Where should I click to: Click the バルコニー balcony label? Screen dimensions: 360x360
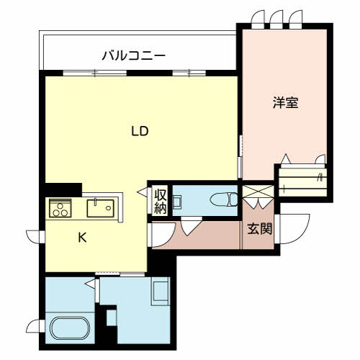point(134,55)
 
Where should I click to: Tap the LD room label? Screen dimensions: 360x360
point(140,131)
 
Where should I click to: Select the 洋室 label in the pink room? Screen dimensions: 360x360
point(285,102)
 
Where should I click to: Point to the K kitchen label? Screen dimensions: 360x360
point(82,238)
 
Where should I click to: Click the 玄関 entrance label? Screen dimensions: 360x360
point(260,228)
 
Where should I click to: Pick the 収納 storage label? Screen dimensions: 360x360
point(161,202)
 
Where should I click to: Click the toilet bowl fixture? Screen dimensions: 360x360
point(224,199)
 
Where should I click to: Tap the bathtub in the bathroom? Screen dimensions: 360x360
point(70,328)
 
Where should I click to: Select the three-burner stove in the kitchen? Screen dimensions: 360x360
point(60,208)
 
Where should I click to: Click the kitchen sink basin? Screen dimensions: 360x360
point(100,208)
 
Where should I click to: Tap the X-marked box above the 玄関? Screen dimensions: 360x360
point(258,192)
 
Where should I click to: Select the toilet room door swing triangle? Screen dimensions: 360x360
point(192,226)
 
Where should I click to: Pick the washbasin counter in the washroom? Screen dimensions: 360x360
point(160,291)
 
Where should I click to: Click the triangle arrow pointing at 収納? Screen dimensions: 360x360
point(143,192)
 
